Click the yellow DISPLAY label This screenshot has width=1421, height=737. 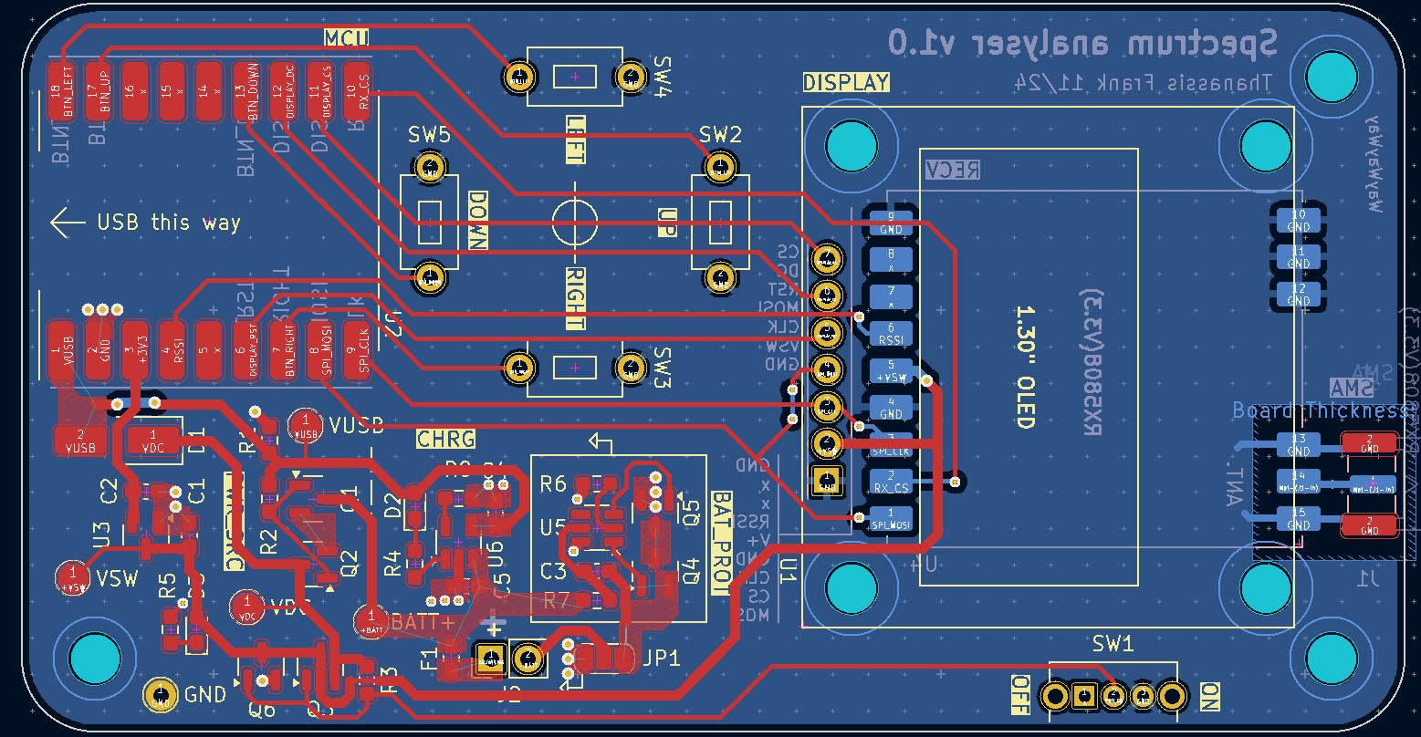[x=845, y=83]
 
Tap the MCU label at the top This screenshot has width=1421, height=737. [x=346, y=37]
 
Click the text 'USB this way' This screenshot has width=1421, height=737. [x=169, y=223]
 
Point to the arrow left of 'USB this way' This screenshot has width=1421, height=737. [x=68, y=223]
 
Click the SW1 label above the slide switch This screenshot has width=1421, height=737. [x=1113, y=644]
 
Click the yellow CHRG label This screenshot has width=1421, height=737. [x=446, y=439]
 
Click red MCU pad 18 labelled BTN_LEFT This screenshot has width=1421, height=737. [x=62, y=91]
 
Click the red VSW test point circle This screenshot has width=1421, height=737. [x=72, y=578]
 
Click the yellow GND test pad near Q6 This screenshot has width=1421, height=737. [x=162, y=695]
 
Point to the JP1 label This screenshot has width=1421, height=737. [x=661, y=659]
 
